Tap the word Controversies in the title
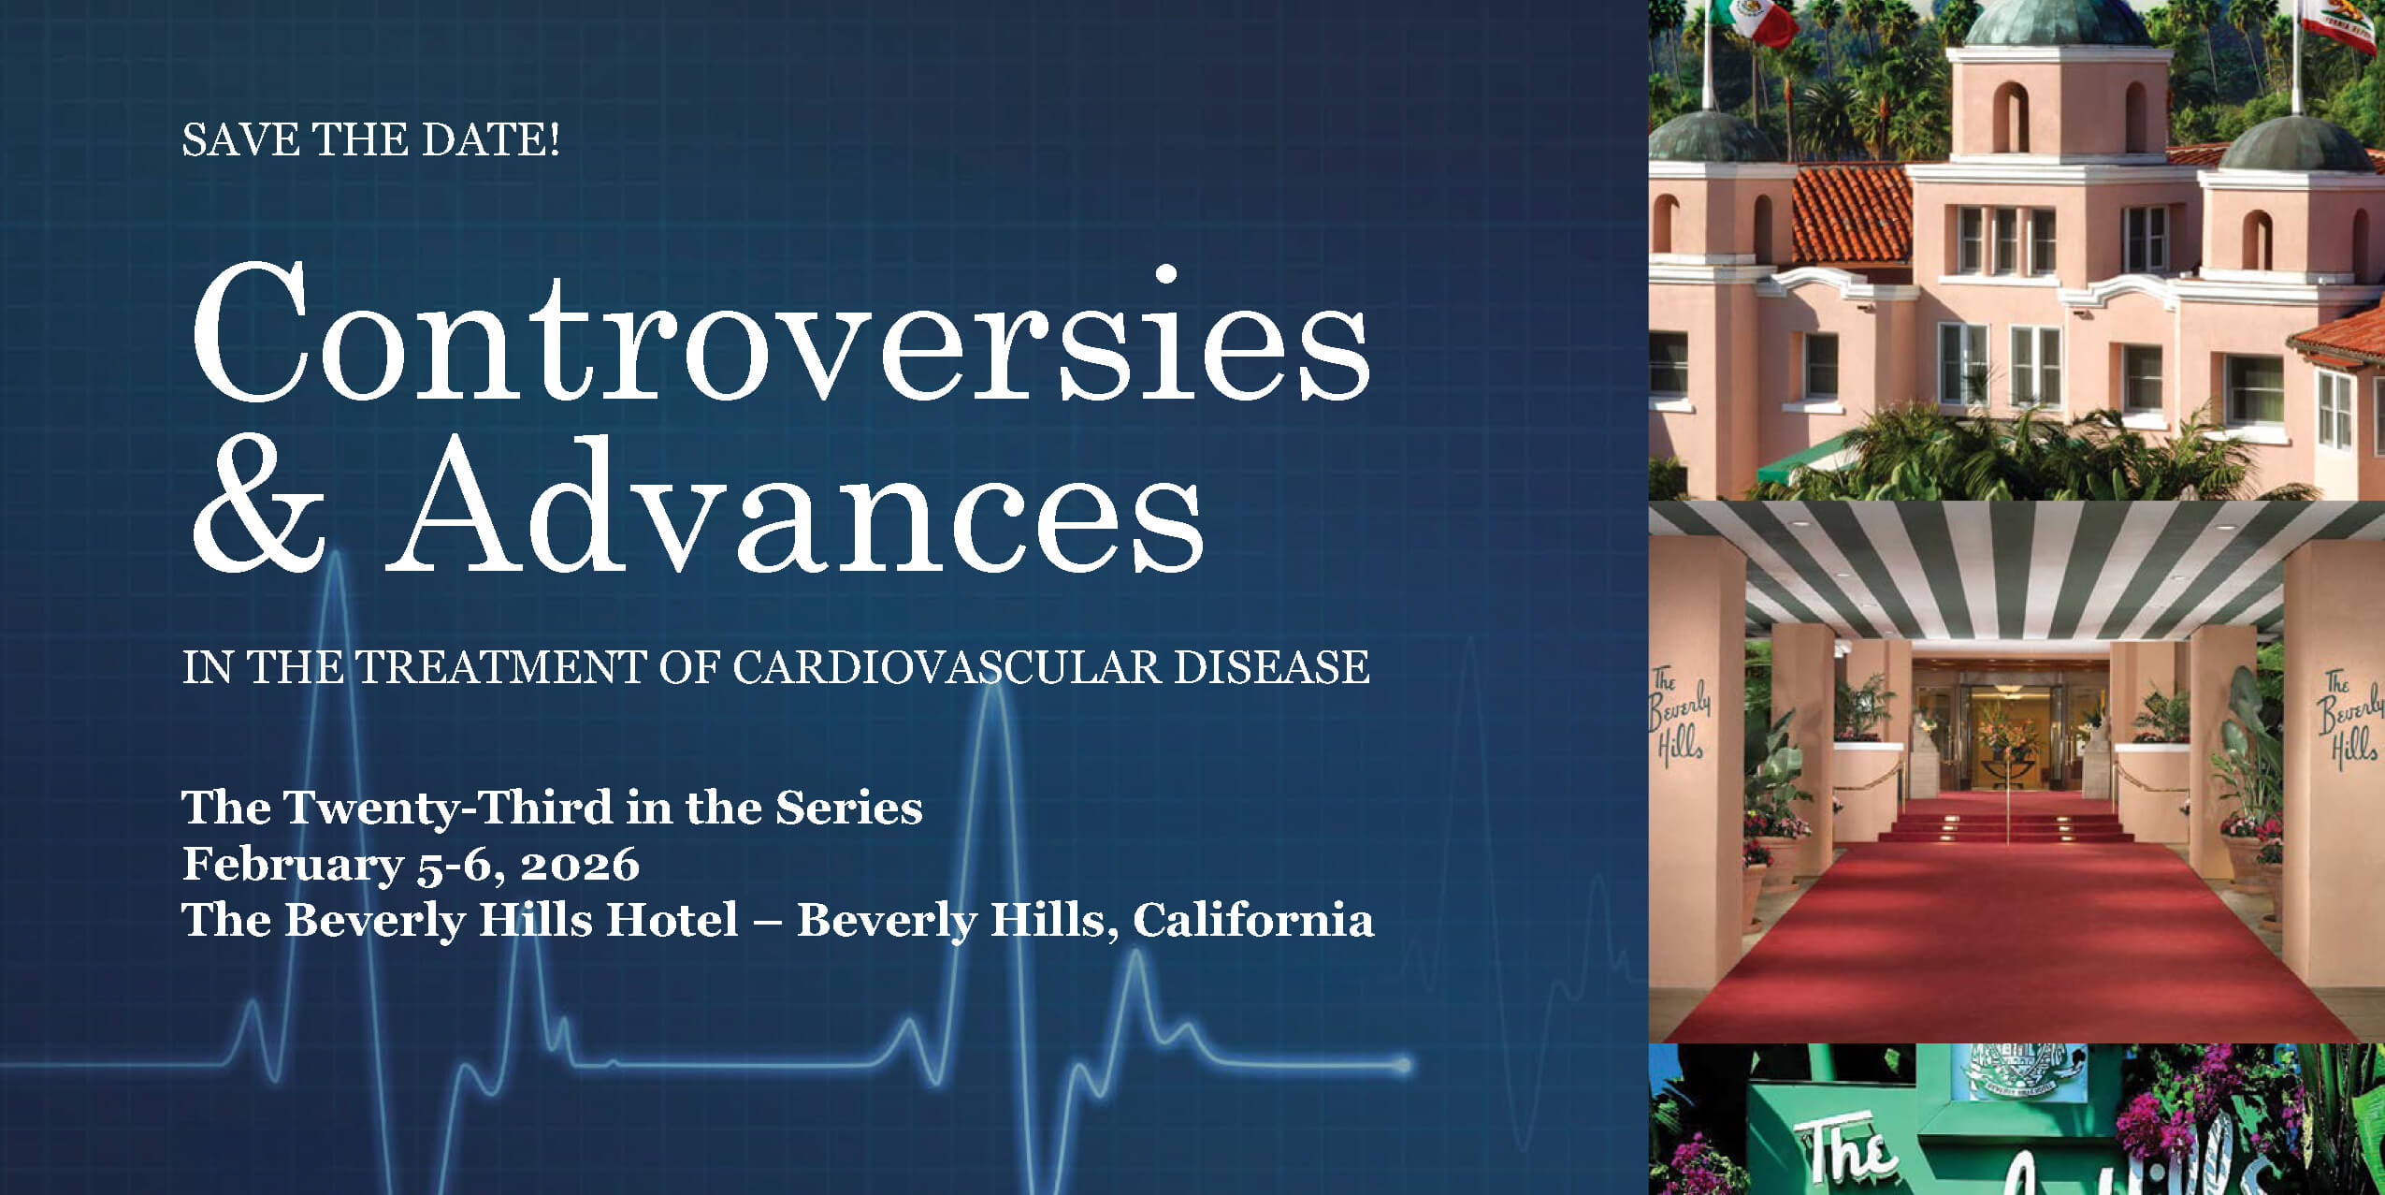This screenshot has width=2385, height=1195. [781, 332]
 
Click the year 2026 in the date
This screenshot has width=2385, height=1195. [579, 864]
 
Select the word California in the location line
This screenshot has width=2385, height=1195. [1253, 919]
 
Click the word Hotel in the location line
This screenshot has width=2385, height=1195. [672, 919]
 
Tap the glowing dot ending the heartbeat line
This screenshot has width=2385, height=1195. [1403, 1065]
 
